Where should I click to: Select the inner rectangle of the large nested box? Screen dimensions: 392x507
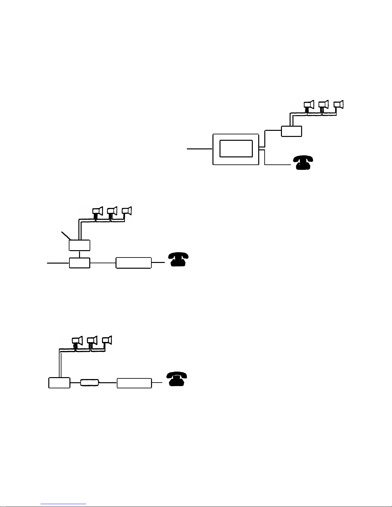(236, 148)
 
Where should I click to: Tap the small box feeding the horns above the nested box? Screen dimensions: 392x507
(292, 131)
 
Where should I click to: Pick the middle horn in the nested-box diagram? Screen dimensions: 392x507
(324, 105)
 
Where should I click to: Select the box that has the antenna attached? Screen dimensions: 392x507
(80, 245)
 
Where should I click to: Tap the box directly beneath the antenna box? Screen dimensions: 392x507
(80, 263)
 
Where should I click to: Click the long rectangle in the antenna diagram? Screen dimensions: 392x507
(133, 263)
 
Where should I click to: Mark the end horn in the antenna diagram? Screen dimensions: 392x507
(127, 211)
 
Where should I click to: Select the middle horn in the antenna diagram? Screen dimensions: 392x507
(112, 211)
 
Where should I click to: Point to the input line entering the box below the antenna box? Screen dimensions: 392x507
(58, 263)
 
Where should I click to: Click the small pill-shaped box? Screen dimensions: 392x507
(90, 382)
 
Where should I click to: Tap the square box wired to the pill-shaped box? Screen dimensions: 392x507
(59, 383)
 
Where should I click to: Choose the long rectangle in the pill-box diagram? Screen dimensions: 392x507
(134, 383)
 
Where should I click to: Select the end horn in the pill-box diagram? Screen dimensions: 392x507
(107, 340)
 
